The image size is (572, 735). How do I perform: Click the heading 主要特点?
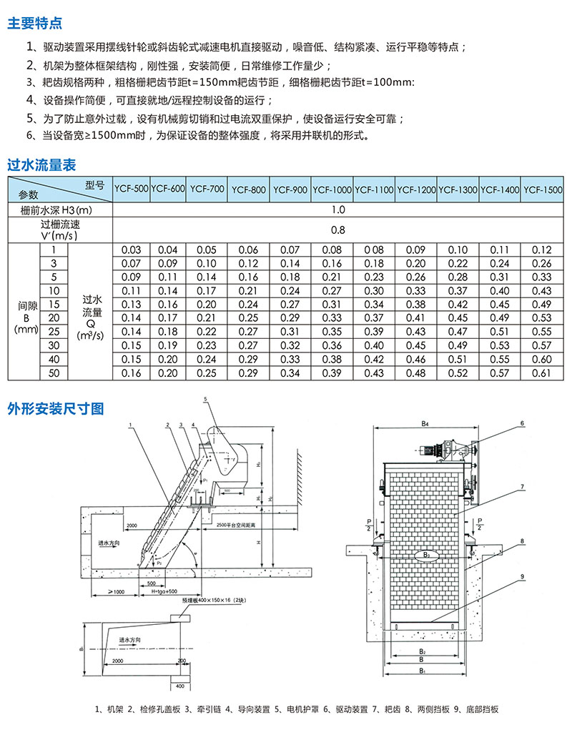click(34, 23)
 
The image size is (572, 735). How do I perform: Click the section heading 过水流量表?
click(41, 165)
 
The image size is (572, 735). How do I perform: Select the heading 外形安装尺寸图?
click(56, 408)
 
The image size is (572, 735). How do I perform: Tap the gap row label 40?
click(53, 360)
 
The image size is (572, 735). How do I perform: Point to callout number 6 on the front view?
click(522, 423)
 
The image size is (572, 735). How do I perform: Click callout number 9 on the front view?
click(522, 576)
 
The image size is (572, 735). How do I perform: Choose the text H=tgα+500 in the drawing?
click(162, 591)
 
